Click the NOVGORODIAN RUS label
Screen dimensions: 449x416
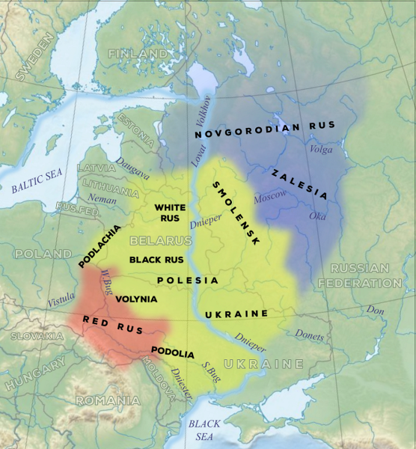pos(265,129)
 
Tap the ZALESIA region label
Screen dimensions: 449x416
pos(299,183)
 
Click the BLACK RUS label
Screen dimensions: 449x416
pos(156,260)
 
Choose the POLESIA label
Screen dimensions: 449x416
pos(188,280)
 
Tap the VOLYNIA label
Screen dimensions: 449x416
pos(137,299)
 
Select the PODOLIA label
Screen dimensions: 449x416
pos(173,352)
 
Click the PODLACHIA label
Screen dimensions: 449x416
pos(99,248)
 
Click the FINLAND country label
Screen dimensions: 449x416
pos(138,55)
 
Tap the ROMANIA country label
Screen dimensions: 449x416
pos(107,400)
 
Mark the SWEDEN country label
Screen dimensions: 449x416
pos(31,60)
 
